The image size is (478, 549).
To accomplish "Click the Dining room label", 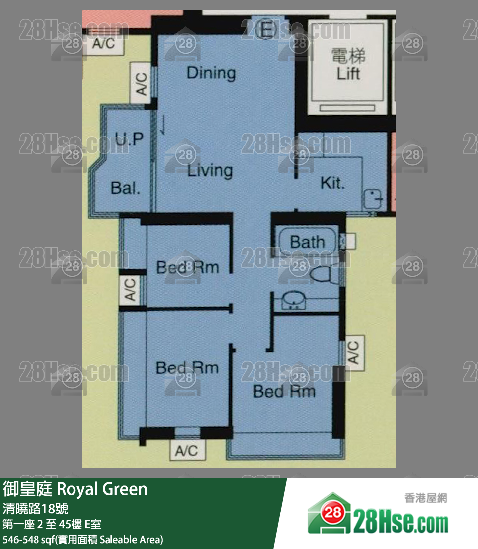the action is coord(211,73).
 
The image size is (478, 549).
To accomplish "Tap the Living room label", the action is coord(210,171).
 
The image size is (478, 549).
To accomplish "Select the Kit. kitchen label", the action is coord(332,183).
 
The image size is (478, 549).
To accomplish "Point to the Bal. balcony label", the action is coord(125,188).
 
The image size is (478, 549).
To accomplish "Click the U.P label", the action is coord(129,139).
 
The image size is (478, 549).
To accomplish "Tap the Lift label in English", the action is coord(348,74).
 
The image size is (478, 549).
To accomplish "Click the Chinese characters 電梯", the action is coord(348,56).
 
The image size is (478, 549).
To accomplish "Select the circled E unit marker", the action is coord(265,29).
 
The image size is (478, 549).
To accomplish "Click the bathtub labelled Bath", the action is coord(307,241).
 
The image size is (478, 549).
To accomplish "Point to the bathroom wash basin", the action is coord(294,300).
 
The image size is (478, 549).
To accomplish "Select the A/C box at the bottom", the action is coord(186,451).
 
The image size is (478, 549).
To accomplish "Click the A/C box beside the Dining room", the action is coord(141,83).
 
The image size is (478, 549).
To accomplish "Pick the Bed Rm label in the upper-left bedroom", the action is coord(187,268).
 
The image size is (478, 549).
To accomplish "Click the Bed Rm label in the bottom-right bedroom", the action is coord(284,392).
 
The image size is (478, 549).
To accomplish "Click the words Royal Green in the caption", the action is coord(102,489).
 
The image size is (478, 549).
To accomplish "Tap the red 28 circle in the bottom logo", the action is coord(332,513).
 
